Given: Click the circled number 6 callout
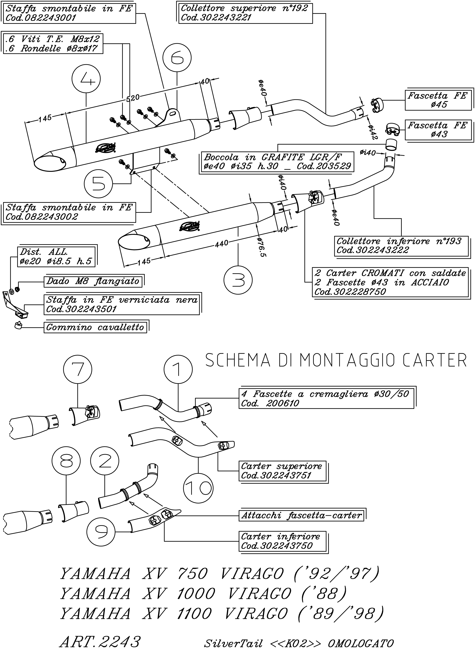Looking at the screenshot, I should [177, 58].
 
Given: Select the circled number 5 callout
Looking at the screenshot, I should [99, 184].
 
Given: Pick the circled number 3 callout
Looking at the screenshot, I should [238, 280].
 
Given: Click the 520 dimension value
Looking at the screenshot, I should [133, 98].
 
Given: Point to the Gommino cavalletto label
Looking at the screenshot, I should [95, 327].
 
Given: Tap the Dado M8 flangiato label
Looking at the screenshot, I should [93, 281].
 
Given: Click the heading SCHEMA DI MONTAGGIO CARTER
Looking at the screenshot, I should [336, 360].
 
